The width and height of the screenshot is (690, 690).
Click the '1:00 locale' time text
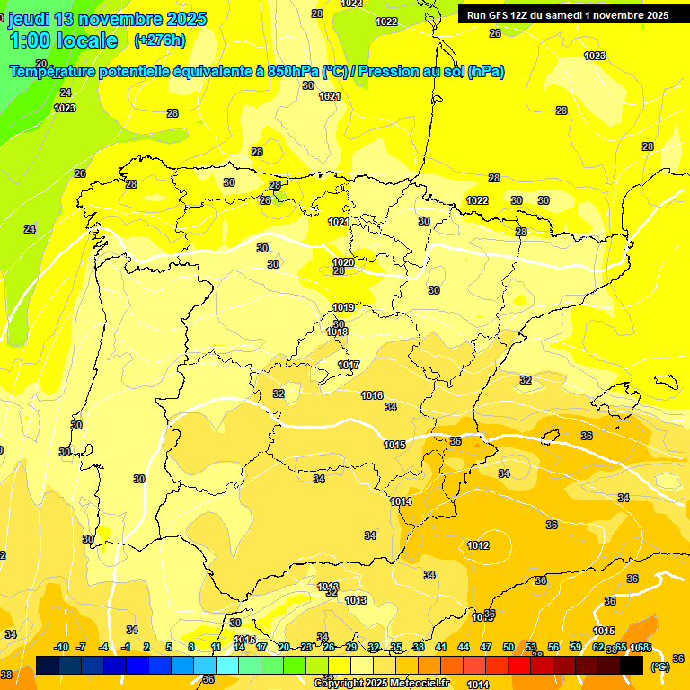pos(64,40)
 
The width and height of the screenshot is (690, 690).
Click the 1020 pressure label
pos(342,262)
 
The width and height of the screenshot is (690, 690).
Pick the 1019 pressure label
pos(342,307)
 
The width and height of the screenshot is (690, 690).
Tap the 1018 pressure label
pos(337,332)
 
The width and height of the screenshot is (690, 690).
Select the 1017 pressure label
pos(349,365)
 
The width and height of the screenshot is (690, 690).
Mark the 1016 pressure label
pos(372,395)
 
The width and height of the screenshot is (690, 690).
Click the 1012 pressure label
pos(478,545)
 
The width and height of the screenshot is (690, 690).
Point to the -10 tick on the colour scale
pos(61,647)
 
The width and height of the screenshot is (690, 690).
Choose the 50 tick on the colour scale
pos(509,647)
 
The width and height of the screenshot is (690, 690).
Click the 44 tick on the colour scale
pos(464,647)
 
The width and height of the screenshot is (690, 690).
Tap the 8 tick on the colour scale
pos(191,647)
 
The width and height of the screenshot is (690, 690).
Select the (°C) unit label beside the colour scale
pos(659,667)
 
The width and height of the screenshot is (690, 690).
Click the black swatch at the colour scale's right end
pos(632,665)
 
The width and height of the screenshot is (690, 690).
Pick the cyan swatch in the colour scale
pos(227,665)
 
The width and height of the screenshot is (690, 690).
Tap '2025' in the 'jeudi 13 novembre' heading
pos(185,19)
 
